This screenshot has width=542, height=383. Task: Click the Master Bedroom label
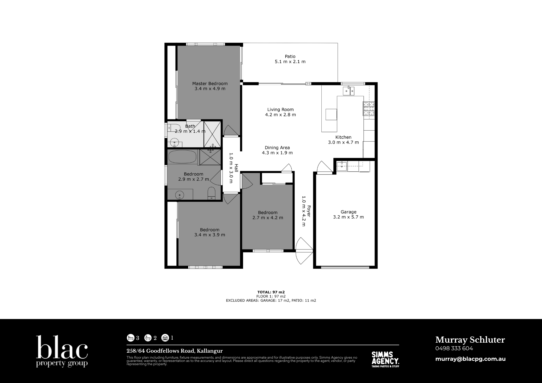click(210, 84)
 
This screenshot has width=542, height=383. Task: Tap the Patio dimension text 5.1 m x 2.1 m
click(290, 62)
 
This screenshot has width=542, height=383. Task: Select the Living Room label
click(280, 110)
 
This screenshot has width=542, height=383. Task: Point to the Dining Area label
click(277, 148)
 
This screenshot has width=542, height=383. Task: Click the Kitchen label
click(343, 137)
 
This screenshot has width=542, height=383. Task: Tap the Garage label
click(349, 212)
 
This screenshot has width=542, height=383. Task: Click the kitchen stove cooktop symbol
click(369, 109)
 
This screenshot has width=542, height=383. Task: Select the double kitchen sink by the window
click(349, 91)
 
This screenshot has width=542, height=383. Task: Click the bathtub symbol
click(182, 157)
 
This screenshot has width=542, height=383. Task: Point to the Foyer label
click(308, 211)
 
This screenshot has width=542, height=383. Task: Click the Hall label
click(236, 168)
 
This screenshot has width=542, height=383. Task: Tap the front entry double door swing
click(304, 251)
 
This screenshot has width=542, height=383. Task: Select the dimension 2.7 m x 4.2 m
click(268, 218)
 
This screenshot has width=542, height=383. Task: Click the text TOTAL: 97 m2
click(271, 292)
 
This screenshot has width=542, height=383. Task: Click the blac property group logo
click(62, 351)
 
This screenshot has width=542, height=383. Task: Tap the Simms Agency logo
click(385, 359)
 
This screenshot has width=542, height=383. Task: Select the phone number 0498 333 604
click(454, 348)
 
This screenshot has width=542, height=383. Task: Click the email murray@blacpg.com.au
click(470, 359)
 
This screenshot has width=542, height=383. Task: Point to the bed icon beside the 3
click(131, 338)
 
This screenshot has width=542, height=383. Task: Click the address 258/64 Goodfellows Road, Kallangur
click(175, 351)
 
